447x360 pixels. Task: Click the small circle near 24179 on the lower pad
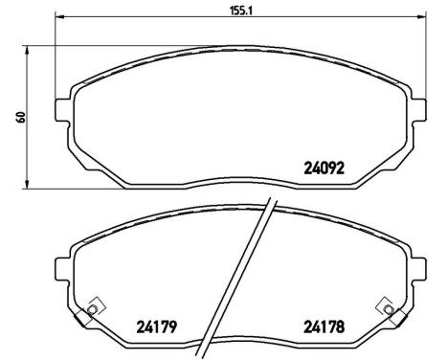click(92, 307)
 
